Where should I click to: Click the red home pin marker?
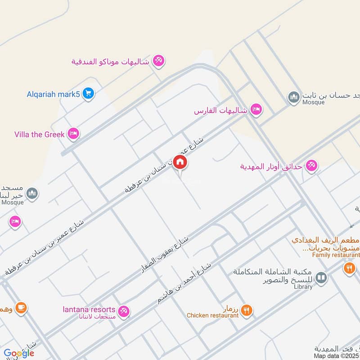pos(180,162)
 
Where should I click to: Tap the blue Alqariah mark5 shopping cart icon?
pos(88,94)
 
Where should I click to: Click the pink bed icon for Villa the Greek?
pos(73,133)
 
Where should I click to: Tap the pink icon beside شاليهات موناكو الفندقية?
pos(158,60)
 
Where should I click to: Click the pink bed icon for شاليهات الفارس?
pos(256,110)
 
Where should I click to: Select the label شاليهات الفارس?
pos(221,110)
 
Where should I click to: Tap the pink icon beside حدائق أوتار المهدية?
pos(311,166)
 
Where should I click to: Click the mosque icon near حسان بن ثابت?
pos(294,97)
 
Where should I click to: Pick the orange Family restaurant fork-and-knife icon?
pos(349,269)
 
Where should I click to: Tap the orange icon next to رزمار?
pos(246,310)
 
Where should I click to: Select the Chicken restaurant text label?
pos(213,315)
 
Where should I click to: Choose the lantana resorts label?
pos(89,310)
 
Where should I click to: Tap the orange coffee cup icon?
pos(21,308)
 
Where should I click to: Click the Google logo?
pos(18,353)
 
